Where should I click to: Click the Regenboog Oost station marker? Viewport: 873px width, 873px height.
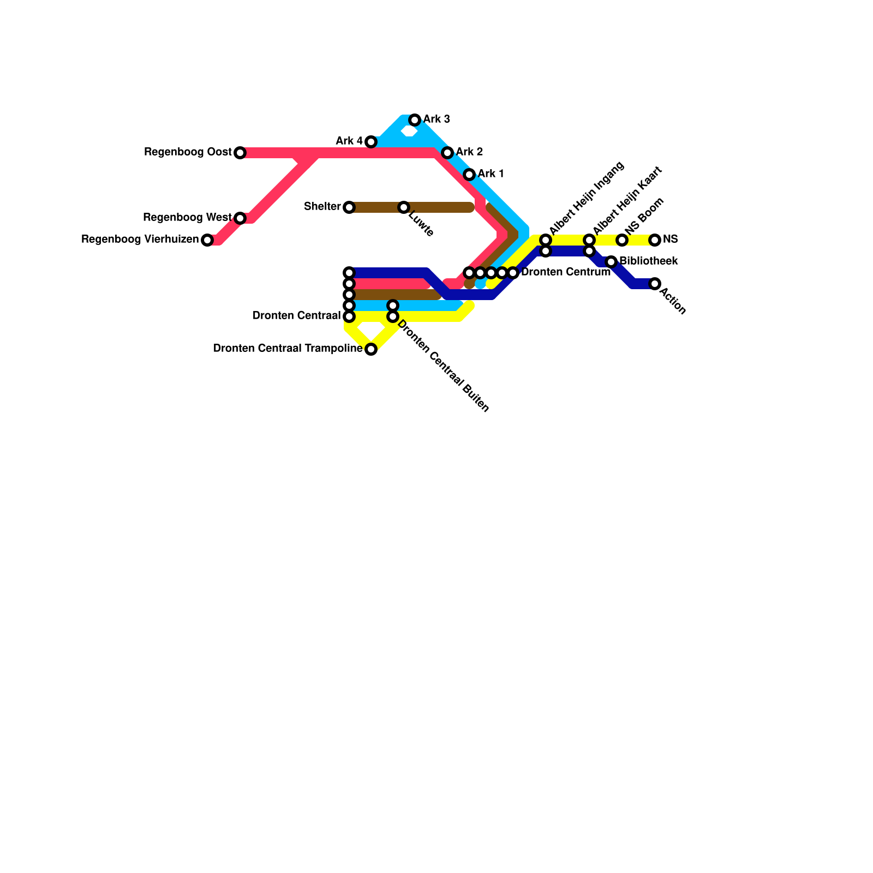(x=240, y=153)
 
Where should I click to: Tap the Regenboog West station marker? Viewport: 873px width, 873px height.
(x=240, y=218)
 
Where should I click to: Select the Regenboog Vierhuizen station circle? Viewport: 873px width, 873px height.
(x=207, y=240)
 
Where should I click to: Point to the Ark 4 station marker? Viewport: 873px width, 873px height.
(x=371, y=142)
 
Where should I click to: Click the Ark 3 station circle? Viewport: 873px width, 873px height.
(x=415, y=120)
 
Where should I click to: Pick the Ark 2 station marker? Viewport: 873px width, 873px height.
(x=447, y=153)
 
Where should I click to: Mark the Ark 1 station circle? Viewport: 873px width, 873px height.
(x=469, y=175)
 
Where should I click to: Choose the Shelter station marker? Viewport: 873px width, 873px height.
(x=349, y=207)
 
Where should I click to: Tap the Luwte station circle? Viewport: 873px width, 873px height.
(x=404, y=207)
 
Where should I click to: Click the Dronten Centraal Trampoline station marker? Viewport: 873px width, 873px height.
(x=371, y=349)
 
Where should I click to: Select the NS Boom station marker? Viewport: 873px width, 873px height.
(x=622, y=240)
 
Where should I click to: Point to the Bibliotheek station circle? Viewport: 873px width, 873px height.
(x=611, y=262)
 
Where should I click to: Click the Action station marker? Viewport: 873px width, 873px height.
(x=655, y=284)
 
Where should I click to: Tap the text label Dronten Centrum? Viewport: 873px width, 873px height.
(x=565, y=272)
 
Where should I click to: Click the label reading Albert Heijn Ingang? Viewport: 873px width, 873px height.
(x=587, y=198)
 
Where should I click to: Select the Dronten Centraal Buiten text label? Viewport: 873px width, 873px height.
(x=443, y=366)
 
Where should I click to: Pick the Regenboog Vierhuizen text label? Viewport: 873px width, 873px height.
(x=140, y=240)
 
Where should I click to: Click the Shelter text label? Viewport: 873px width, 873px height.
(x=322, y=207)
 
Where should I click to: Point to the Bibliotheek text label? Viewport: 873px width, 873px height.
(x=649, y=261)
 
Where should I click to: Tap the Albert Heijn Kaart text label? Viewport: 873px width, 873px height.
(x=627, y=200)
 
